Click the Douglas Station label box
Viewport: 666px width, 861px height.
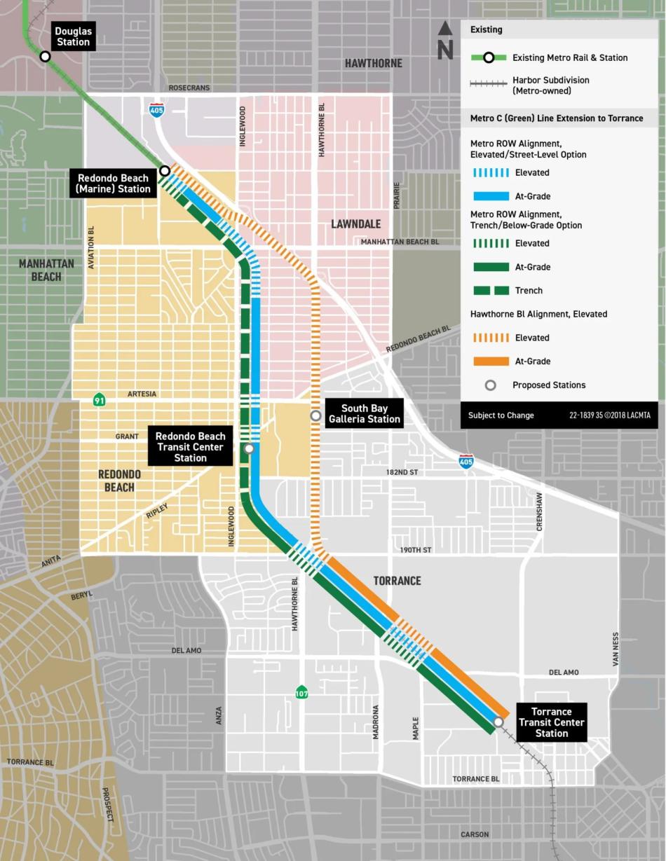[x=73, y=36]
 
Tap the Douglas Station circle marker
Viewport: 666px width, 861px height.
[x=46, y=57]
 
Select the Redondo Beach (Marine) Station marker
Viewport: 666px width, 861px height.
[x=165, y=170]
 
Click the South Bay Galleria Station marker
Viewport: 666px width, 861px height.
[x=316, y=416]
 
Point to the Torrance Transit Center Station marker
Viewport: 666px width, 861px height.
[x=498, y=722]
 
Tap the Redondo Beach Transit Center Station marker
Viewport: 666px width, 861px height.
[x=249, y=448]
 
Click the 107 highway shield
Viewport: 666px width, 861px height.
[x=301, y=692]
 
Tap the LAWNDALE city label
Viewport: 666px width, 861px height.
[x=355, y=224]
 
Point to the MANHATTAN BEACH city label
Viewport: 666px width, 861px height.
[x=46, y=270]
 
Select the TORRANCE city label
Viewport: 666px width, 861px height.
[x=397, y=581]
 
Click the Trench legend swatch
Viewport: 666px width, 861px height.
[x=491, y=291]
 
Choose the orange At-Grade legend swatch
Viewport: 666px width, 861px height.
[x=491, y=361]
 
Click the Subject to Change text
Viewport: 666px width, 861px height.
[x=501, y=415]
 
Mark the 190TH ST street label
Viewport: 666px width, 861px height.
[x=415, y=550]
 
